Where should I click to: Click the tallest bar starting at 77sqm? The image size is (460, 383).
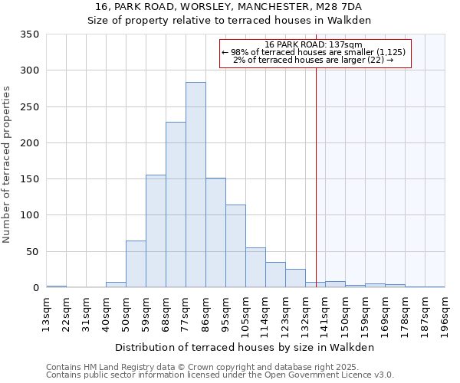(195, 185)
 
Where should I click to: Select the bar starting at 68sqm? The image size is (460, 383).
(176, 205)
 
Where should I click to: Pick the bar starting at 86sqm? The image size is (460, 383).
(215, 233)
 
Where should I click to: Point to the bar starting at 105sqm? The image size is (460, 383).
(255, 268)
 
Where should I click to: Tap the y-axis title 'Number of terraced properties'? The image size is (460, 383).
(7, 164)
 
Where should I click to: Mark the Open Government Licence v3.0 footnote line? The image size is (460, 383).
(220, 375)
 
